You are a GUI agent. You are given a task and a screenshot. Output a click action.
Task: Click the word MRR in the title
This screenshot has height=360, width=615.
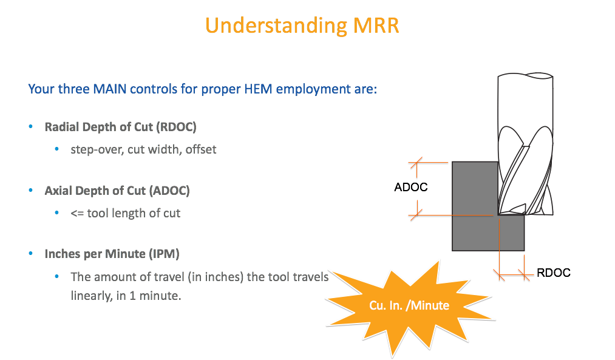(x=376, y=26)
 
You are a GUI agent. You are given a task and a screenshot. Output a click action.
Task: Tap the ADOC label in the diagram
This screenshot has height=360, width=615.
(x=410, y=187)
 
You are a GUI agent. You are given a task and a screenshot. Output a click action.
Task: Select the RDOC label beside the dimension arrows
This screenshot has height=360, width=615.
(x=554, y=273)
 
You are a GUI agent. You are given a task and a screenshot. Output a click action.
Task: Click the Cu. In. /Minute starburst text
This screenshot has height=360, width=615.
(x=409, y=305)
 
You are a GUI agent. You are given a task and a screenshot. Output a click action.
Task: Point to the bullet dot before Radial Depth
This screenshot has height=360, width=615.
(x=31, y=126)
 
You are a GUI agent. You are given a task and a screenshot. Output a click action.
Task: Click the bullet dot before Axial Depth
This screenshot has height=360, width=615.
(x=31, y=190)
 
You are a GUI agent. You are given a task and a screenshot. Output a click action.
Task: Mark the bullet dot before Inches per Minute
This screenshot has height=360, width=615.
(x=31, y=253)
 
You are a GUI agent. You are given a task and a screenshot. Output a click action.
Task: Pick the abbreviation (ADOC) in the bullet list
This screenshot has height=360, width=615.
(x=169, y=191)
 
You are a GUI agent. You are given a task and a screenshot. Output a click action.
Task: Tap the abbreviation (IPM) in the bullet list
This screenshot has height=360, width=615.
(x=164, y=254)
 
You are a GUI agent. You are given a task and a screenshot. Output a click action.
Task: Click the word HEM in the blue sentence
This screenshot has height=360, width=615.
(x=258, y=89)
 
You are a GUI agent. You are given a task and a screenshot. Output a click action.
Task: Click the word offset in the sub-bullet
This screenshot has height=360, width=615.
(x=201, y=149)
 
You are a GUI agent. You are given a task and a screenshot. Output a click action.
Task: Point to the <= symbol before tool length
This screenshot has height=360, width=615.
(x=77, y=213)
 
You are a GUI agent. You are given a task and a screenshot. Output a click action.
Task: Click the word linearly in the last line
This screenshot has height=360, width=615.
(x=92, y=296)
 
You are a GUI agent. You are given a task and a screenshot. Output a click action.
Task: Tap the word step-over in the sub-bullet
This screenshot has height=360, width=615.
(x=97, y=150)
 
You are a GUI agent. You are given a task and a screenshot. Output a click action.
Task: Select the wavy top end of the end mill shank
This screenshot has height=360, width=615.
(x=525, y=75)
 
